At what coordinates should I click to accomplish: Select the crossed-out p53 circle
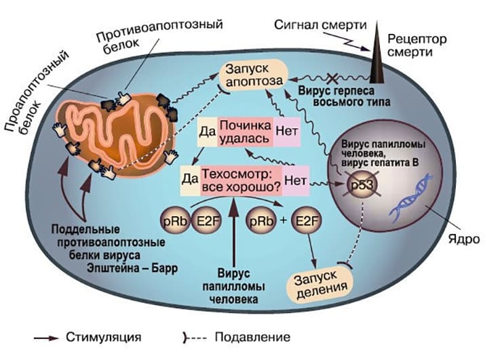360,185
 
